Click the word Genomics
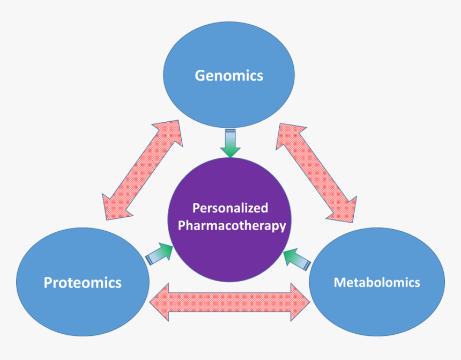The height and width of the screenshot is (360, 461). click(x=229, y=75)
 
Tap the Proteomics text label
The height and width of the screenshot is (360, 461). click(x=83, y=282)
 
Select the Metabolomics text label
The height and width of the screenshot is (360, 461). click(x=377, y=282)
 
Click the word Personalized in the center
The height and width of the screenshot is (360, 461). click(x=230, y=208)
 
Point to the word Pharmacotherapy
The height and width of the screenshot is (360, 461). click(x=232, y=226)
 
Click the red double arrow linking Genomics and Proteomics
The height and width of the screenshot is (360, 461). click(x=143, y=170)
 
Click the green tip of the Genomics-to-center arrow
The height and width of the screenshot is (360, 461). click(x=230, y=152)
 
